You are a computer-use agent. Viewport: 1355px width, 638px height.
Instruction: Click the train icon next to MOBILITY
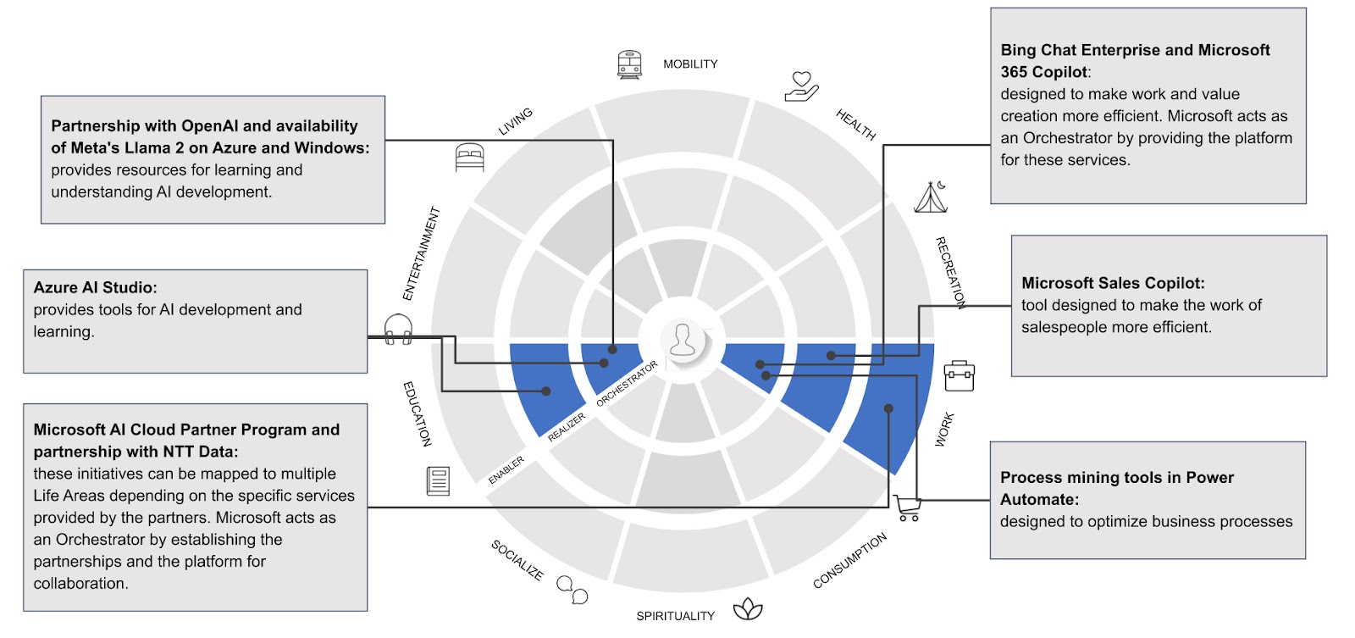click(629, 64)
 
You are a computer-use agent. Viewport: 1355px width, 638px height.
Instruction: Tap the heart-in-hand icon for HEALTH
click(801, 86)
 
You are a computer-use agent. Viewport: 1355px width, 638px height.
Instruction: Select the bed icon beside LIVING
click(470, 158)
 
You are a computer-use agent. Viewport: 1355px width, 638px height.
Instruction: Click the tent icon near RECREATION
click(931, 197)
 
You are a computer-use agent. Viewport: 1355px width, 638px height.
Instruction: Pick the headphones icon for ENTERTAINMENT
click(398, 329)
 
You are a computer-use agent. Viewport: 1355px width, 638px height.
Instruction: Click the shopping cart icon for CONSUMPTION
click(908, 508)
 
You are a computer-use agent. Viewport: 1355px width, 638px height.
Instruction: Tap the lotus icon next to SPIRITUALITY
click(748, 608)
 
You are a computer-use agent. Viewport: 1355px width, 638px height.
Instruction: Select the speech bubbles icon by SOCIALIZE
click(572, 589)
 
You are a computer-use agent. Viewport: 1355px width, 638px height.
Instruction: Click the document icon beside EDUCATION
click(438, 481)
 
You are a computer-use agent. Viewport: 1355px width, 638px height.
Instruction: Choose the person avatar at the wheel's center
click(683, 341)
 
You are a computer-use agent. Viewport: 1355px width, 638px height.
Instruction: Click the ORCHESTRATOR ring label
click(627, 384)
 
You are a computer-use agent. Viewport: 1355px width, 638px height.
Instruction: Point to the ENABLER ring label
click(506, 470)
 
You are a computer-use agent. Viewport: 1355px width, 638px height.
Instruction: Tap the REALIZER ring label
click(567, 426)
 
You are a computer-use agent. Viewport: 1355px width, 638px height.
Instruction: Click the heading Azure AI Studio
click(95, 288)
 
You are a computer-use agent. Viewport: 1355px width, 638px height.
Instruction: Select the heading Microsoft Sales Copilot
click(1112, 283)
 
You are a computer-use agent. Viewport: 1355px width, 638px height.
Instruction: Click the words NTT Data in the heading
click(200, 452)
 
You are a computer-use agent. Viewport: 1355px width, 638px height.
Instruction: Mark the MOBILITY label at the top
click(690, 64)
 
